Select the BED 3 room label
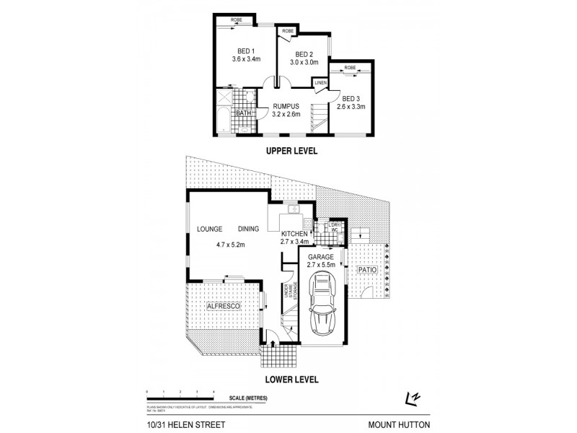tap(351, 98)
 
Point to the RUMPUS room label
tap(285, 105)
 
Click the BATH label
tap(243, 113)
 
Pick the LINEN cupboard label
tap(320, 84)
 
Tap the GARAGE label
tap(322, 257)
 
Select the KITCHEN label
tap(294, 234)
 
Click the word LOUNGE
tap(209, 229)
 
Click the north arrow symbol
tap(412, 398)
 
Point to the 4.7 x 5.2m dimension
tap(231, 245)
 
